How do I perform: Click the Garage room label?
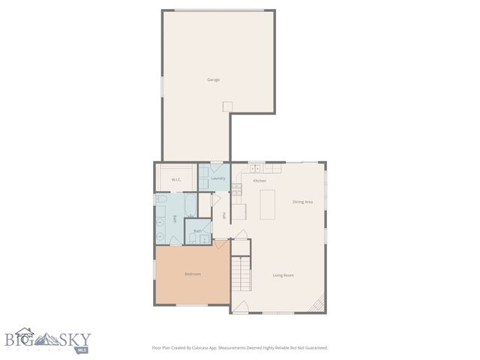(214, 79)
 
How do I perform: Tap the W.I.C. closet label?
(177, 179)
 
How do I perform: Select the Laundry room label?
(218, 178)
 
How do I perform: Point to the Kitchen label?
(259, 181)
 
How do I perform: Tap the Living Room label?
(283, 275)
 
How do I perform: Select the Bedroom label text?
(192, 274)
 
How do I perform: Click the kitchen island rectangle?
(267, 204)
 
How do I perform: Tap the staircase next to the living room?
(239, 275)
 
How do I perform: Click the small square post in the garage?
(232, 106)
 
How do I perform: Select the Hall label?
(224, 216)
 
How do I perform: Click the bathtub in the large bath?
(190, 203)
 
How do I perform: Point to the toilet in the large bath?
(161, 199)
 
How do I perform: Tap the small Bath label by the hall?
(197, 230)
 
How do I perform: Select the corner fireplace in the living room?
(319, 304)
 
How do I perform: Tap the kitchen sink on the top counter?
(256, 167)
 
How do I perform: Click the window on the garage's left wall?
(161, 85)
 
